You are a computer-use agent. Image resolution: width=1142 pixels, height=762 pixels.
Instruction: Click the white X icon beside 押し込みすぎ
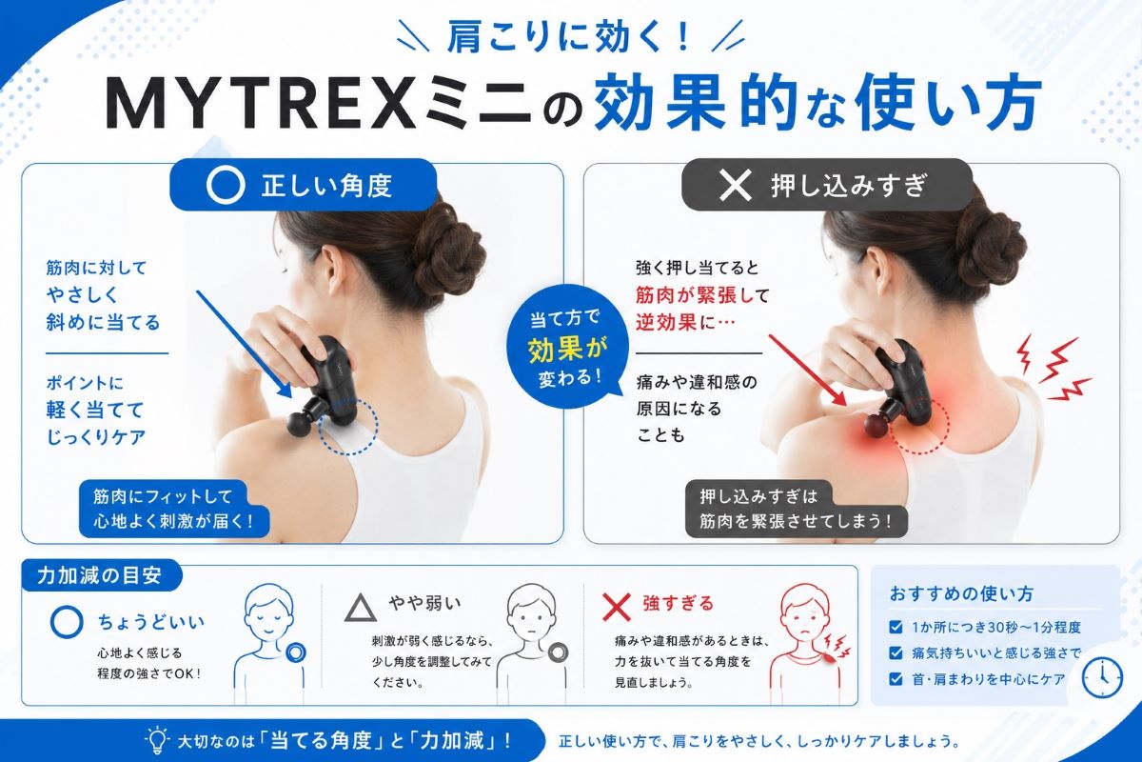click(x=735, y=186)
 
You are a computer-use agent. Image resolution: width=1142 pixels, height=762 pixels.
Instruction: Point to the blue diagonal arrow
click(x=244, y=344)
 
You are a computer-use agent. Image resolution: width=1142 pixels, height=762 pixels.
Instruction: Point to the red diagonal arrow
click(x=807, y=370)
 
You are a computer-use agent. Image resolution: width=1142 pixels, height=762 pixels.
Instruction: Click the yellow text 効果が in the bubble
click(x=567, y=350)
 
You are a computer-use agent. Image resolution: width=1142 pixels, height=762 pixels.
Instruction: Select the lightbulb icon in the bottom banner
click(x=156, y=739)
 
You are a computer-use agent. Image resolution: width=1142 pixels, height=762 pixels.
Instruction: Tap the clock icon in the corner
click(x=1102, y=678)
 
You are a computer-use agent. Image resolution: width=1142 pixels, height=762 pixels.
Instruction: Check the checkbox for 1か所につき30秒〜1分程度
click(x=896, y=627)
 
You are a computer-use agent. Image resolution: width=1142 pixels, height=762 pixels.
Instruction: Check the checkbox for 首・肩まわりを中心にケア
click(x=896, y=679)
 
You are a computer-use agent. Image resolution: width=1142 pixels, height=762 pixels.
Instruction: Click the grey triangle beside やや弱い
click(x=361, y=608)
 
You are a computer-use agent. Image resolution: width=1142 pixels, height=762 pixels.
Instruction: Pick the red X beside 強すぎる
click(x=617, y=607)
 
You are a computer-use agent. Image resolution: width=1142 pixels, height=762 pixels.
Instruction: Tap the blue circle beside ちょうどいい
click(x=67, y=622)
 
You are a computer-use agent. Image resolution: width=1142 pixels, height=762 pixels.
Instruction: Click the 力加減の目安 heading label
click(x=99, y=575)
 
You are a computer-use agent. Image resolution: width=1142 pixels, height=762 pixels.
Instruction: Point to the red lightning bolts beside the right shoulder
click(x=1053, y=368)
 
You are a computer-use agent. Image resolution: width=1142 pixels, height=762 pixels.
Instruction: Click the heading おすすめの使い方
click(x=961, y=593)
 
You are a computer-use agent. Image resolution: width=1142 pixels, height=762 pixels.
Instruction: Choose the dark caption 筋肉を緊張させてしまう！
click(x=796, y=521)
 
